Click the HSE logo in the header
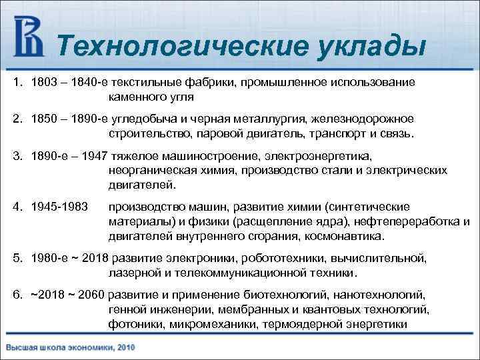[x=28, y=37]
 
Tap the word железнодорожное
[x=361, y=118]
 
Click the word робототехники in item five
[x=284, y=258]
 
